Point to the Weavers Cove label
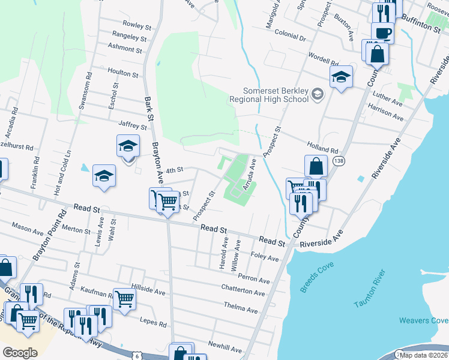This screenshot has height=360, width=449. point(423,321)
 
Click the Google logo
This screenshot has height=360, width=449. point(20,353)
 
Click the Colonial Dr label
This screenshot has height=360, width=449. point(290,37)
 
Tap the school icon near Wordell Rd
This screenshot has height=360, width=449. point(341,76)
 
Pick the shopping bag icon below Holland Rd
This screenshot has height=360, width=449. point(316,166)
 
